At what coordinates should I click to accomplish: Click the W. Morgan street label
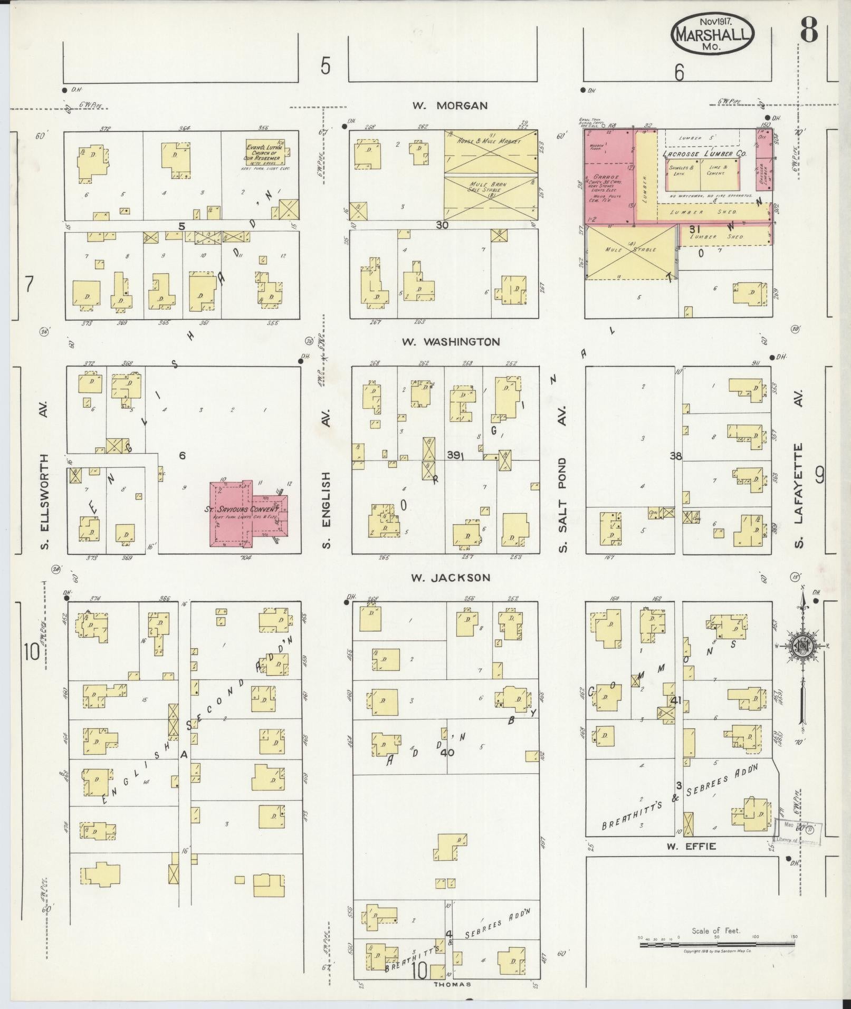450,106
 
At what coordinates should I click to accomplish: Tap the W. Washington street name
450,342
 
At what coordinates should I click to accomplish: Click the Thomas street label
452,984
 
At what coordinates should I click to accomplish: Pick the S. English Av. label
326,509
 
